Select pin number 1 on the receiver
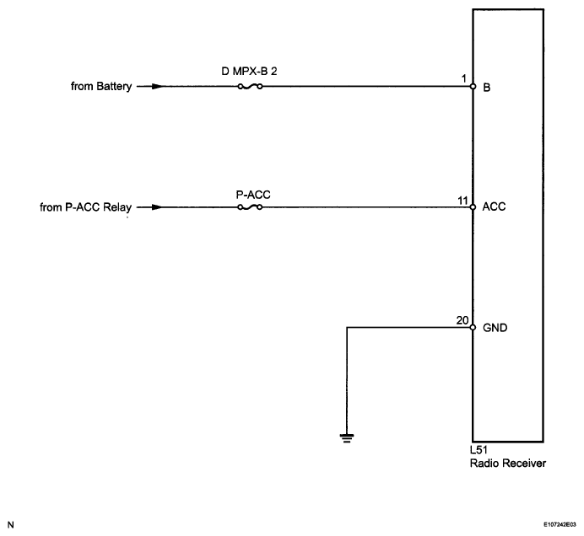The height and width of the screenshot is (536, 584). point(464,78)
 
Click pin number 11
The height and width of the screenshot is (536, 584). point(461,199)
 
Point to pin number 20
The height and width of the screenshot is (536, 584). point(461,319)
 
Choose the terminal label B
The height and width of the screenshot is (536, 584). point(487,86)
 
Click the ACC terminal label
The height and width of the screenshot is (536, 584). point(495,206)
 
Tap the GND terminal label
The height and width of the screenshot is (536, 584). point(495,327)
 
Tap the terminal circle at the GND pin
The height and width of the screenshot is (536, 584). point(473,327)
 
